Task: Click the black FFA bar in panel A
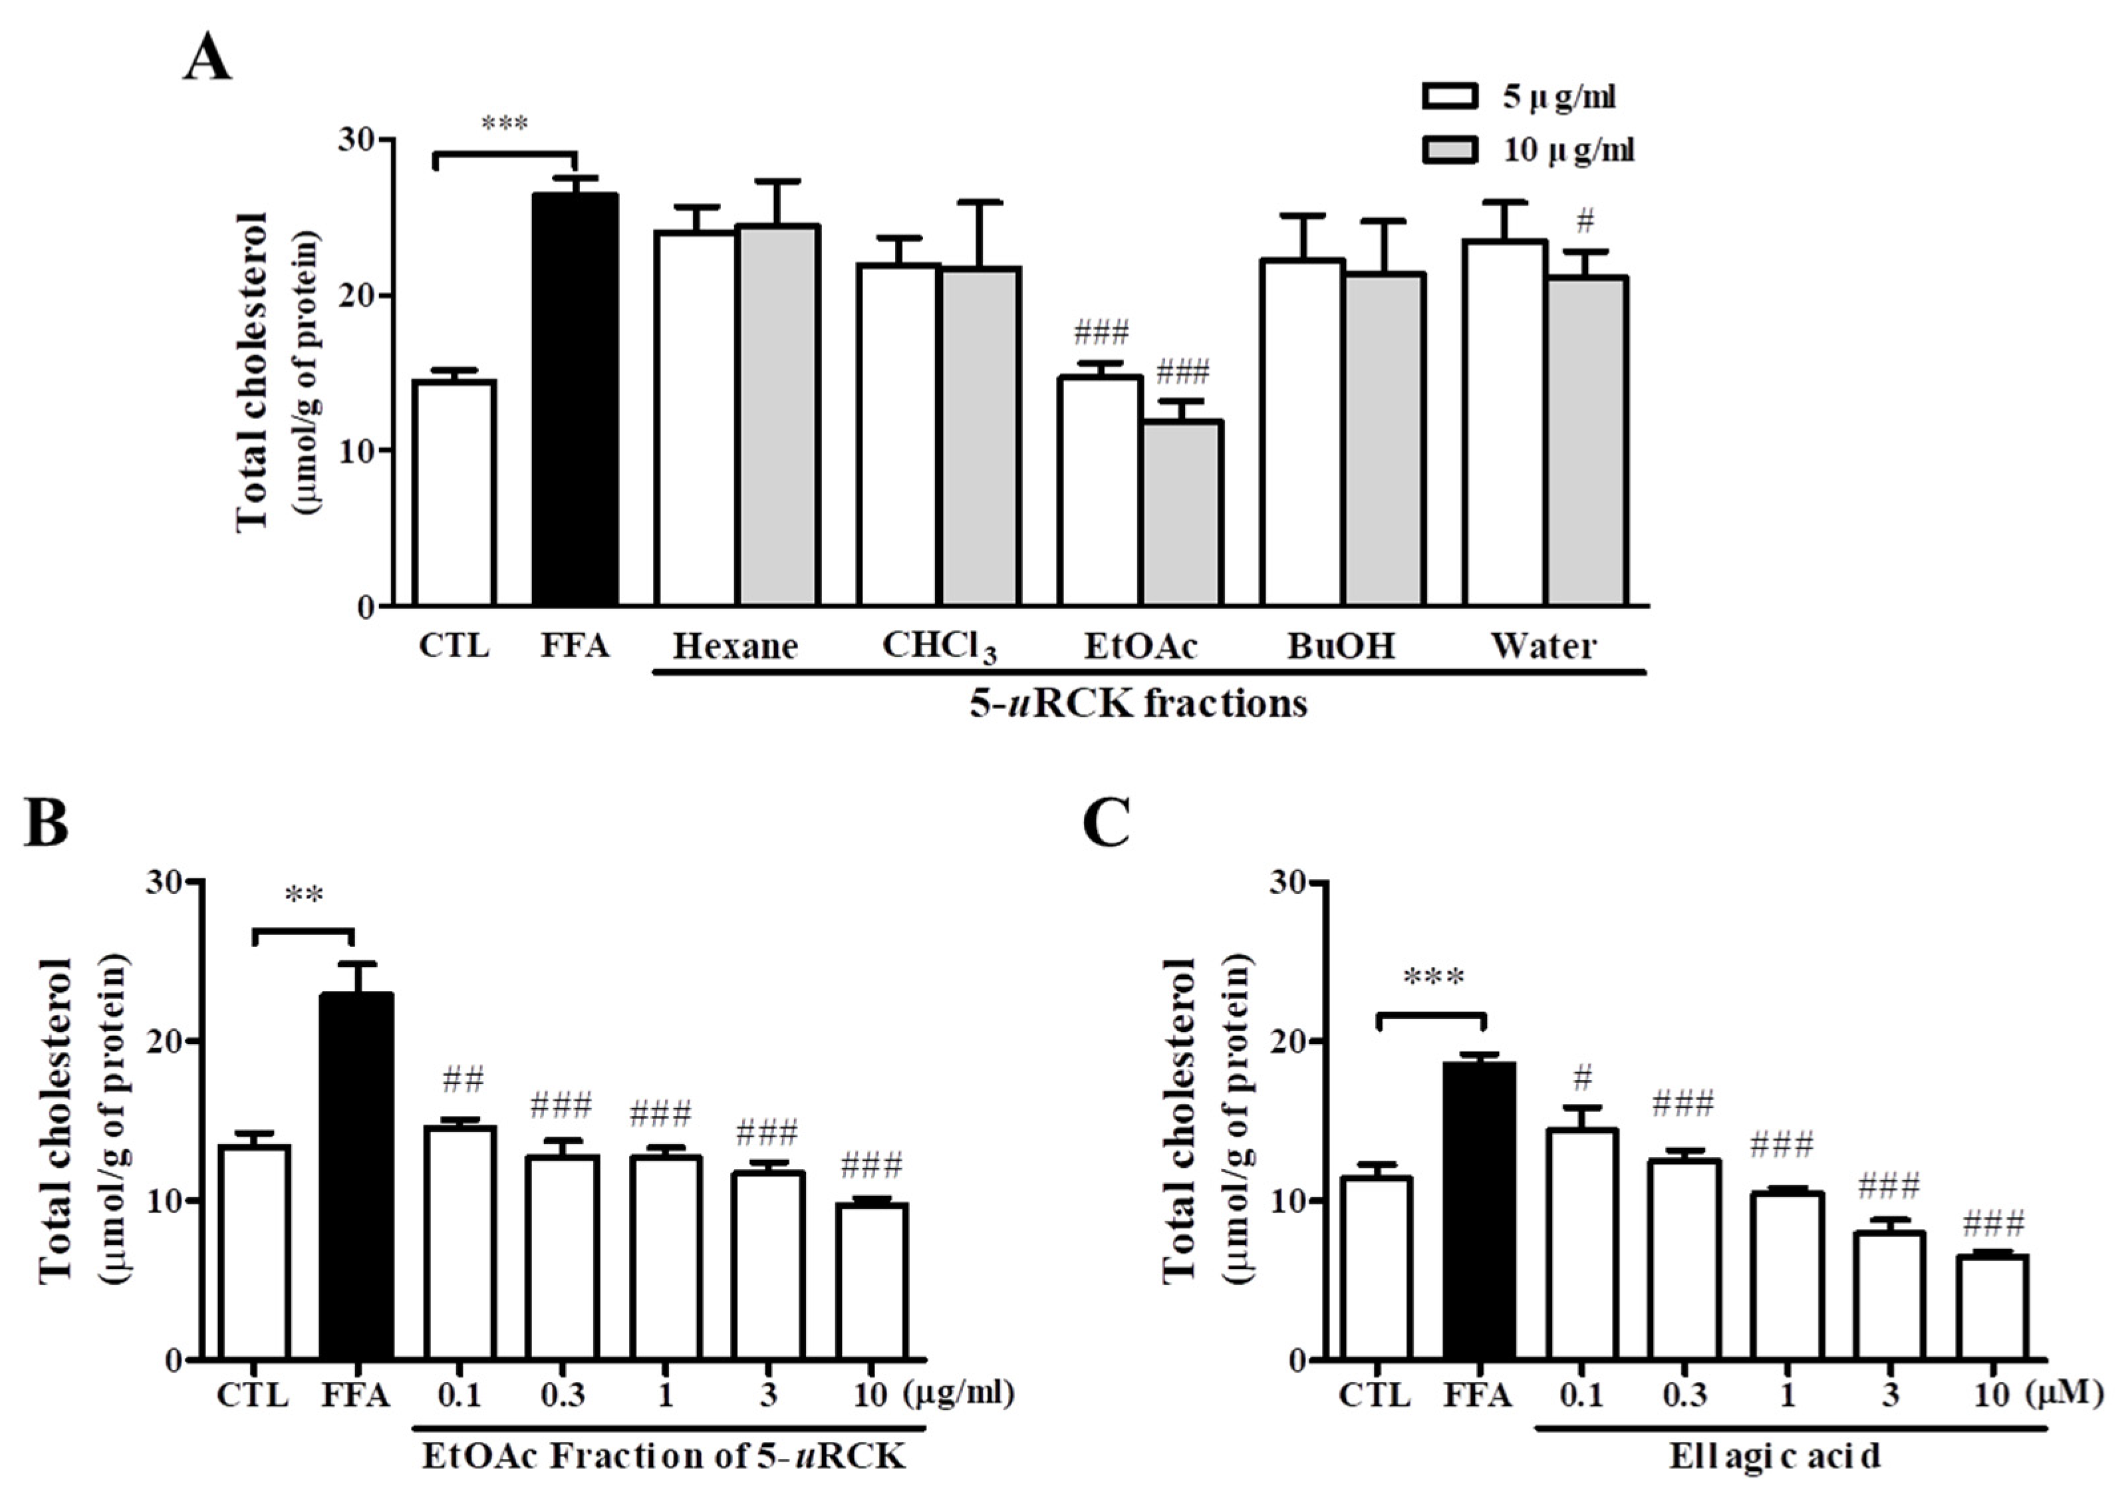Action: tap(575, 400)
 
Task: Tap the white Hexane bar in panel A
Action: tap(695, 419)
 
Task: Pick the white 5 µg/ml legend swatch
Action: tap(1450, 96)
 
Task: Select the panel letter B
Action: tap(47, 823)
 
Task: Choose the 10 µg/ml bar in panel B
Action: tap(871, 1281)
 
